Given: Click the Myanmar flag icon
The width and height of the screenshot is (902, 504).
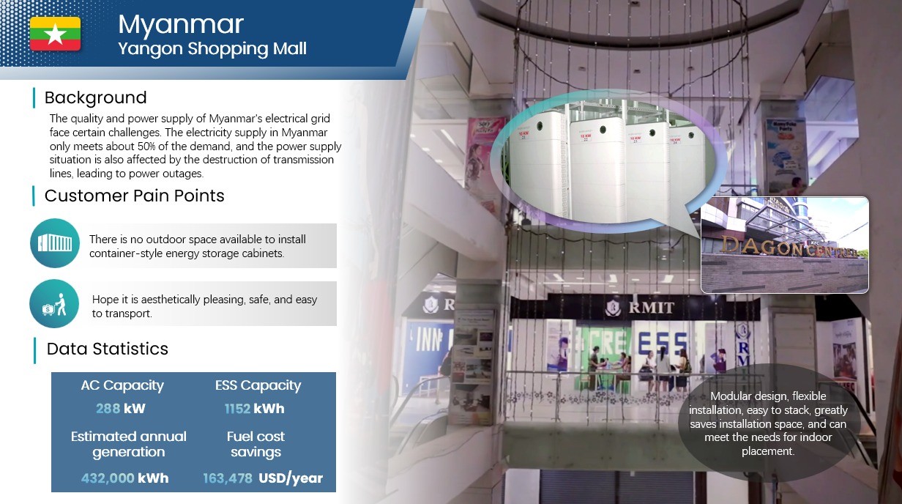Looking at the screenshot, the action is point(55,34).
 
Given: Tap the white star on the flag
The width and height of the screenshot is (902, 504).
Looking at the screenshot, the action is point(55,34).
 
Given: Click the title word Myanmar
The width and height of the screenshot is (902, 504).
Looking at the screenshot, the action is point(181,25).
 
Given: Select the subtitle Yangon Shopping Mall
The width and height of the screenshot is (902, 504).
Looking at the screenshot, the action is point(212,49).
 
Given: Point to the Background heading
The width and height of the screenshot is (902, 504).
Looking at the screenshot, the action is point(95,98).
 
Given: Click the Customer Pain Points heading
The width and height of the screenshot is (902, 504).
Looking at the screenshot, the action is point(134,196).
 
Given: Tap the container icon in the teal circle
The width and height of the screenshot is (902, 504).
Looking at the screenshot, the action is point(55,243).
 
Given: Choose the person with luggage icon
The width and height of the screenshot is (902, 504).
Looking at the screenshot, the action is point(54,304).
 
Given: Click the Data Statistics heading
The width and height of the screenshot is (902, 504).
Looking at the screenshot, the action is point(108,349).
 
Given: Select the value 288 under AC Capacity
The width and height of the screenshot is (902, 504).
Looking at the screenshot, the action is point(108,409).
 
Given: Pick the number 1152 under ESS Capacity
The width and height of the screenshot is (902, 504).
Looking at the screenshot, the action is point(237,409).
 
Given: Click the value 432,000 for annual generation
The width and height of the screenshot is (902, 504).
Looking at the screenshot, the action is point(108,478).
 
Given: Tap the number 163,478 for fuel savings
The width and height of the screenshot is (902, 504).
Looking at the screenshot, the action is point(228,478).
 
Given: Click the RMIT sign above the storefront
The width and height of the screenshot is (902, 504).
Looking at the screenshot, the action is point(640,308).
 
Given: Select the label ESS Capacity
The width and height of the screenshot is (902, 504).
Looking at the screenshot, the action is point(258,385).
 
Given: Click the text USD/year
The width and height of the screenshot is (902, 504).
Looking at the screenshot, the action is point(291,478).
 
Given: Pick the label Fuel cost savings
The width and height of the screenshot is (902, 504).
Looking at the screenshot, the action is point(256,445).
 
